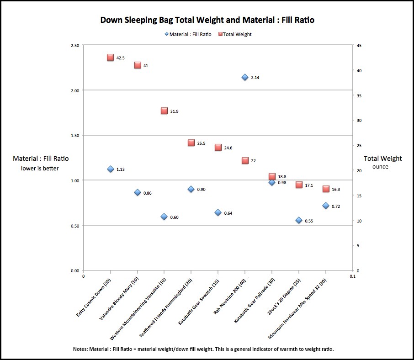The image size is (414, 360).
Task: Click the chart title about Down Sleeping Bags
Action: coord(207,20)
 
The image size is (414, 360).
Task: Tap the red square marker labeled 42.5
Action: coord(110,58)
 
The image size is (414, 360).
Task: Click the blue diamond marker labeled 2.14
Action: coord(245,77)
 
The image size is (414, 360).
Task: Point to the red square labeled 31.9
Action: coord(164,111)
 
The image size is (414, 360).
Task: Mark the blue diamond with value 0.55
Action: coord(299,220)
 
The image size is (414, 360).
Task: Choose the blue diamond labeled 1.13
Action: coord(110,169)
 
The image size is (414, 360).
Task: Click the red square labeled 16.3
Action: coord(326,189)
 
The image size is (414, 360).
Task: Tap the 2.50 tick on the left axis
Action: coord(74,45)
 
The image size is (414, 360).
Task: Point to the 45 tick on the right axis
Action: coord(359,45)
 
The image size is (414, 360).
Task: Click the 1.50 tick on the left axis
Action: coord(74,135)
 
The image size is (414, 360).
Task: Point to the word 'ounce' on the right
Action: coord(380,167)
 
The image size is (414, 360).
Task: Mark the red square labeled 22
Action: coord(245,160)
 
